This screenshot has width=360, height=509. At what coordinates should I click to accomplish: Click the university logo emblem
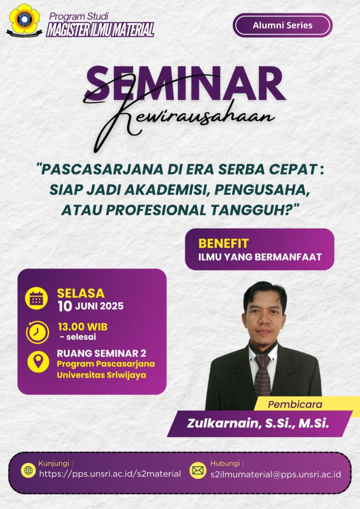pyautogui.click(x=24, y=20)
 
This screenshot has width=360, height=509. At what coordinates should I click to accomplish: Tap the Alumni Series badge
pyautogui.click(x=282, y=25)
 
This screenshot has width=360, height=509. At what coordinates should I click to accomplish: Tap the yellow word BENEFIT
pyautogui.click(x=223, y=244)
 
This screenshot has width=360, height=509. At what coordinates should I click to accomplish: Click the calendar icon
pyautogui.click(x=36, y=298)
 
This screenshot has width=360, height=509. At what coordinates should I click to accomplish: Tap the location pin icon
pyautogui.click(x=38, y=361)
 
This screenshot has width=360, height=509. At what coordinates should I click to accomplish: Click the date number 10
pyautogui.click(x=65, y=306)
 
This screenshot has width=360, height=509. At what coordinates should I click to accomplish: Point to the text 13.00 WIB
pyautogui.click(x=83, y=327)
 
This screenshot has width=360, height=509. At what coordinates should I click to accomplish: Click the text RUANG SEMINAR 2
pyautogui.click(x=101, y=353)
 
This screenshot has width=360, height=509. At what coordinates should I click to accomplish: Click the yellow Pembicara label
pyautogui.click(x=295, y=405)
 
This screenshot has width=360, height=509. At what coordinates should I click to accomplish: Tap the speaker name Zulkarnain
pyautogui.click(x=224, y=424)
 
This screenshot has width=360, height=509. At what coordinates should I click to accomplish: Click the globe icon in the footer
pyautogui.click(x=28, y=470)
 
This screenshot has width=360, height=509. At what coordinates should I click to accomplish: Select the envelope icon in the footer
pyautogui.click(x=198, y=470)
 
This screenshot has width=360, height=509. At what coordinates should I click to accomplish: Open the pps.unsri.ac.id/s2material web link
pyautogui.click(x=110, y=474)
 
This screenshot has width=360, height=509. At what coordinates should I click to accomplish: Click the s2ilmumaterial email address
pyautogui.click(x=275, y=474)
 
